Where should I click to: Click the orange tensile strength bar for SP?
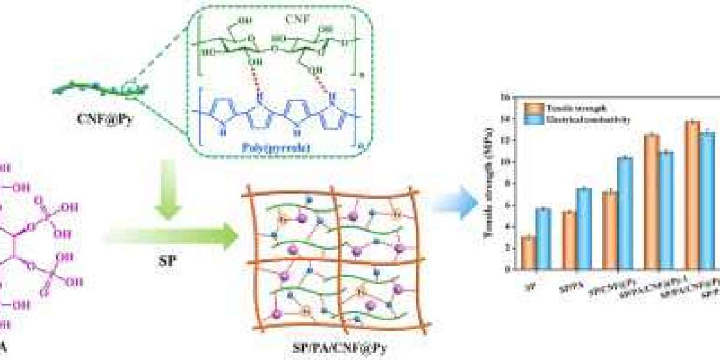pyautogui.click(x=529, y=253)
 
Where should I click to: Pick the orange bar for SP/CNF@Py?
pyautogui.click(x=610, y=230)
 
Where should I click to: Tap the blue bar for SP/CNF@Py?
pyautogui.click(x=625, y=213)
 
